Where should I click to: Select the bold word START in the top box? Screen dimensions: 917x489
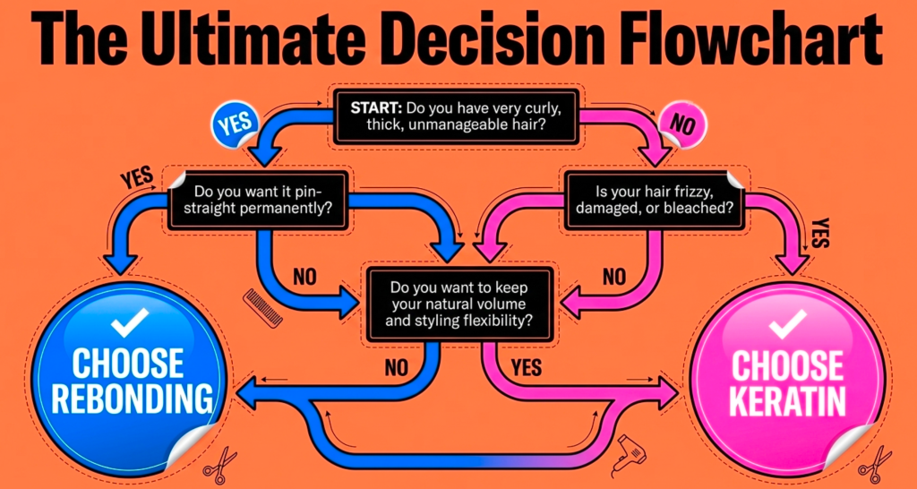[x=375, y=108]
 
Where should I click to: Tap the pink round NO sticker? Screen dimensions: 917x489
[x=682, y=125]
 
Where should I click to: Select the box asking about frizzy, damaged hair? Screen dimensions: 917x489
[x=654, y=200]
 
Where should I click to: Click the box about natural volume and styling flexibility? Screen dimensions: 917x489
[x=458, y=305]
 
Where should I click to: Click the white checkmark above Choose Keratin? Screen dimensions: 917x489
[x=787, y=324]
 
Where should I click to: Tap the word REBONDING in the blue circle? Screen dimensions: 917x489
[x=133, y=397]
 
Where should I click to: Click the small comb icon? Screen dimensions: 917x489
[x=262, y=308]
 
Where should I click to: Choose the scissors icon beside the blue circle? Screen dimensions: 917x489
[x=219, y=466]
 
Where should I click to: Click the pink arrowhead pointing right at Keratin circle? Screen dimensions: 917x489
[x=665, y=392]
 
